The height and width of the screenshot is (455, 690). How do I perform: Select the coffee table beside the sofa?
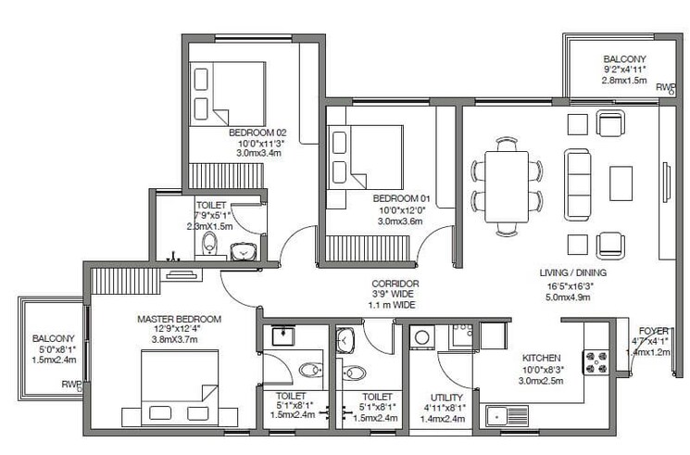[621, 183]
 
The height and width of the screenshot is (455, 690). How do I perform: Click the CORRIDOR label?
[395, 283]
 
